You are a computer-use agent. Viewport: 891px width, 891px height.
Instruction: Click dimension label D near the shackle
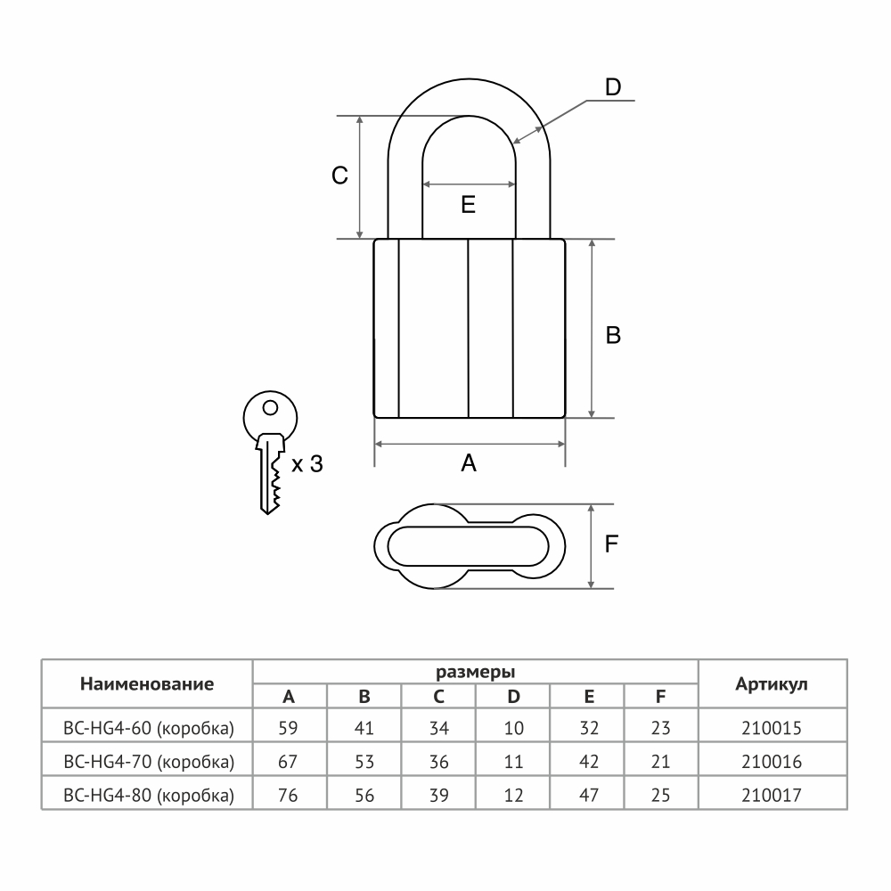(613, 87)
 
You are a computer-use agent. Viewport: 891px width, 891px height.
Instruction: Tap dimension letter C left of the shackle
(339, 176)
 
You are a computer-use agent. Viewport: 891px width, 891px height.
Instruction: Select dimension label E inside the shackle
(469, 205)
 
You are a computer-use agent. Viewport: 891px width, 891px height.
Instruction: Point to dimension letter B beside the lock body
(613, 335)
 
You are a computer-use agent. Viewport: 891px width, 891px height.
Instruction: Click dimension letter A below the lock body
(469, 463)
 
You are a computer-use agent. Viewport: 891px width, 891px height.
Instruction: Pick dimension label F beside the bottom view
(611, 544)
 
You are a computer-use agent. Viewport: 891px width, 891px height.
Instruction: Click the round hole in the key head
(271, 407)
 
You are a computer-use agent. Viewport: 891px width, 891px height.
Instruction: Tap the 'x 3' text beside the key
(307, 464)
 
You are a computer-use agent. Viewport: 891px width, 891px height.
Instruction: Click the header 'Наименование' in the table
(147, 683)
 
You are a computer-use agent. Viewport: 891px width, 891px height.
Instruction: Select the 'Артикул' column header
(771, 684)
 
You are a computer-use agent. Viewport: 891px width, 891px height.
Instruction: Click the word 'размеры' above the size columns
(475, 672)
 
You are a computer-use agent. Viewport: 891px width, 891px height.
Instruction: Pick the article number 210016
(771, 762)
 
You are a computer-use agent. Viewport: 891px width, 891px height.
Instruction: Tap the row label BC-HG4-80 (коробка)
(148, 795)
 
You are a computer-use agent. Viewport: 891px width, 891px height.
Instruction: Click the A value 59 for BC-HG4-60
(288, 728)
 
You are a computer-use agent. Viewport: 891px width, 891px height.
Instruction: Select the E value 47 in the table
(589, 795)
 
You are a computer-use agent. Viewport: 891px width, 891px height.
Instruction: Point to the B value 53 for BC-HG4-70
(364, 762)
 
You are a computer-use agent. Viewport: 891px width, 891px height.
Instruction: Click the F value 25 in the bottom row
(661, 795)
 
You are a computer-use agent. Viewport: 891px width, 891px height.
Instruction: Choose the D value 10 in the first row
(514, 728)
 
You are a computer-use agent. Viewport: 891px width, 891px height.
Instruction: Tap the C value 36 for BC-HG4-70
(438, 762)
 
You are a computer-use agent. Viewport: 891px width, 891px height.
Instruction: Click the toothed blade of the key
(270, 478)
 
